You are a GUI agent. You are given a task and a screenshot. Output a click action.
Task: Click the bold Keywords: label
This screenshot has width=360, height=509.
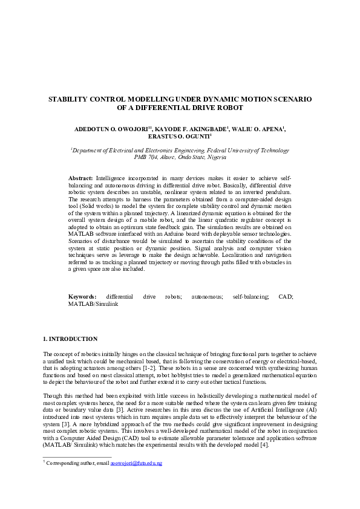(82, 297)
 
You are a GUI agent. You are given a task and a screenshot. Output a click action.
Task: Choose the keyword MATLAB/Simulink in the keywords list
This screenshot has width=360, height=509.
(93, 304)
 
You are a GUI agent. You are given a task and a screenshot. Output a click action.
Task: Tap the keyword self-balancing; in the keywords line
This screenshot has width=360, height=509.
(251, 297)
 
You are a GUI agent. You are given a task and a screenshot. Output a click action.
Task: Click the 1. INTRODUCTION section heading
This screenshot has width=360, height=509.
(70, 339)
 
